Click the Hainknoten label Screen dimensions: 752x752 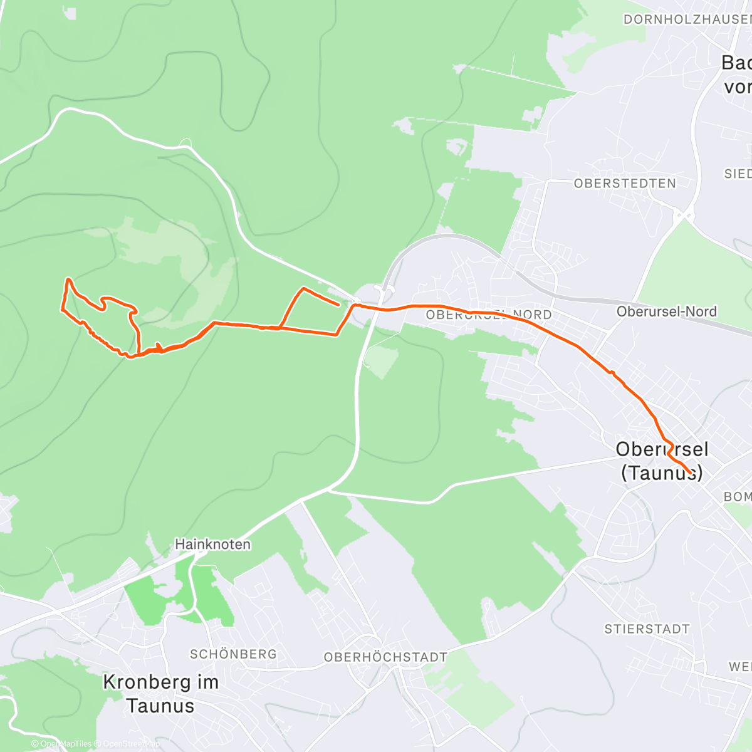[212, 545]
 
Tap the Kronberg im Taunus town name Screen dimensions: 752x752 [160, 693]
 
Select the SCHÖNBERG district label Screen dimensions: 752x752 [233, 654]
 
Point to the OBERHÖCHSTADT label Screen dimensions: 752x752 [385, 657]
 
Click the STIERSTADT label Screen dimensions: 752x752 [647, 629]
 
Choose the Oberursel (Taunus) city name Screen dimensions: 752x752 [662, 461]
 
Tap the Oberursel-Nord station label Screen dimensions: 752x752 [666, 311]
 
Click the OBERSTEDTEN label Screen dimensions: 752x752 [625, 184]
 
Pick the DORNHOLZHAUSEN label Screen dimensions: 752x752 [687, 19]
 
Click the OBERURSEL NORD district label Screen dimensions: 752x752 [489, 315]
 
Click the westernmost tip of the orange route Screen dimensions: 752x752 [61, 308]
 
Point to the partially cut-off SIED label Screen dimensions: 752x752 [738, 174]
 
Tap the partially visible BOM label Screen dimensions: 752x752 [737, 496]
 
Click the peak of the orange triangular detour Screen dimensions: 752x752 [303, 288]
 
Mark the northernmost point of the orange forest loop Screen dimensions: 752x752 [68, 279]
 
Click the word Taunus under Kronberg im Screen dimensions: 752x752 [160, 706]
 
